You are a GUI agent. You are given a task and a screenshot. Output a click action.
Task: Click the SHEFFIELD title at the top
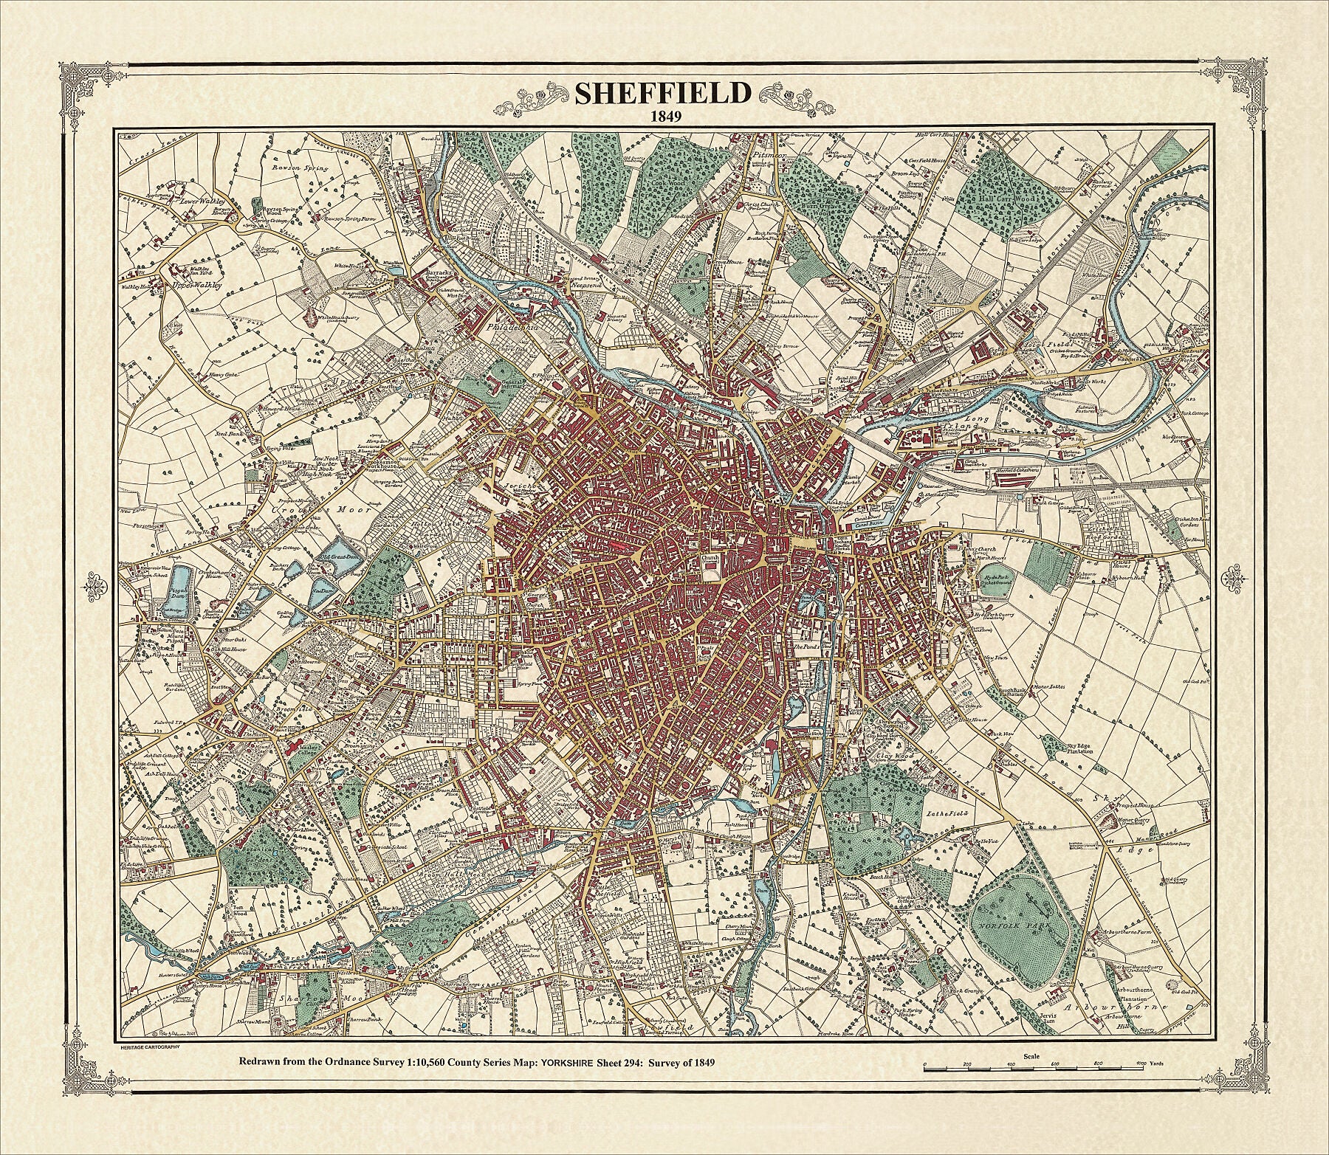coord(662,94)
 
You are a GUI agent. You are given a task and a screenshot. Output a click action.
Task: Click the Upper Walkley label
coord(196,285)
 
